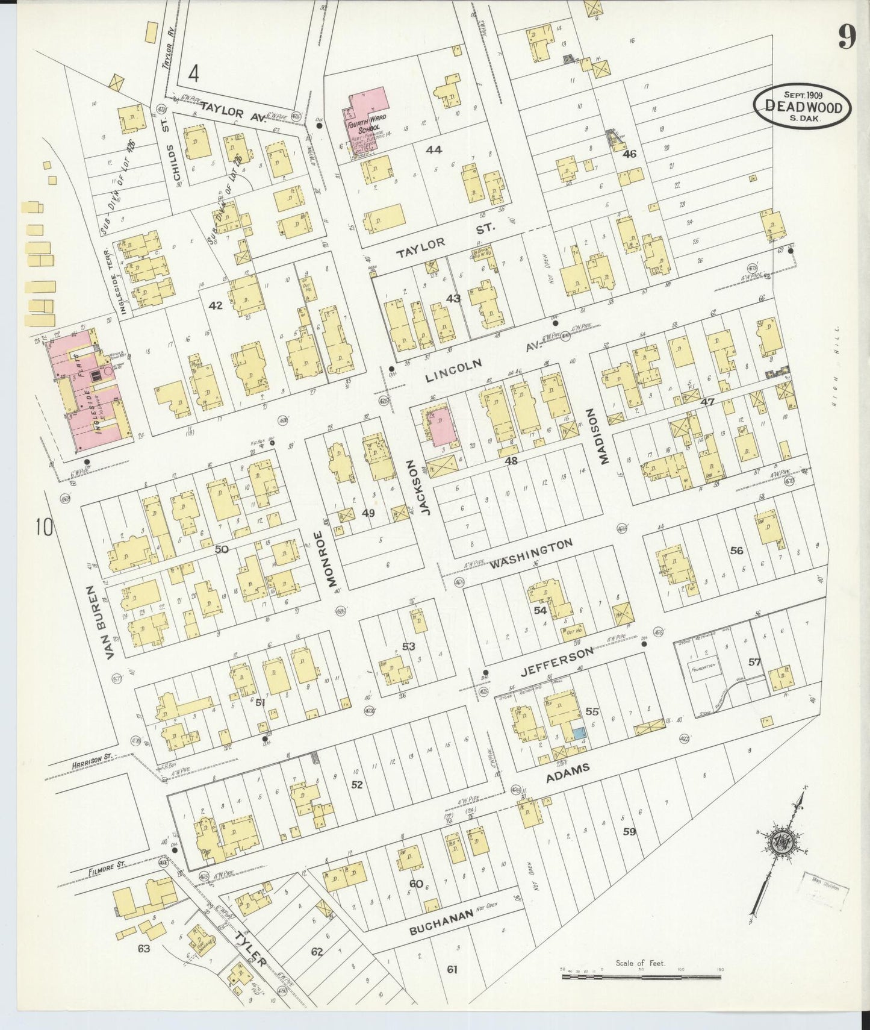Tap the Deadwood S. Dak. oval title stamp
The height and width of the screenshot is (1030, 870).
click(803, 105)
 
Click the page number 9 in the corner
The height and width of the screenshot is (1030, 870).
click(845, 39)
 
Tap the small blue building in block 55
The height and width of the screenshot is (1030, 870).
click(578, 734)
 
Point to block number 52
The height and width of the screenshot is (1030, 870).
click(357, 784)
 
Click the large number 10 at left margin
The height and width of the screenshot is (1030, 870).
click(45, 528)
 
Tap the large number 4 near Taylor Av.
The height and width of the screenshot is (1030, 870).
click(193, 73)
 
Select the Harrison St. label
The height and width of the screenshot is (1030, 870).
click(88, 764)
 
